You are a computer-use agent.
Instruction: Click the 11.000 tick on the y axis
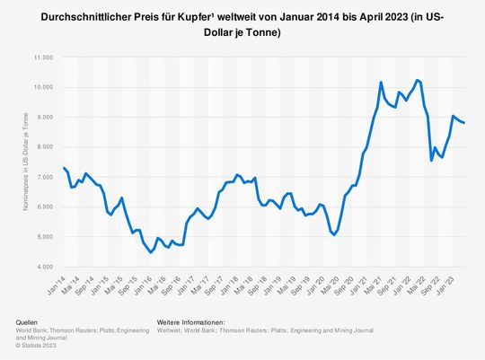click(x=42, y=57)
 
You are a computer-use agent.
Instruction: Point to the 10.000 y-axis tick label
click(x=42, y=88)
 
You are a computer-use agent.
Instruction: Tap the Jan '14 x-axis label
click(x=56, y=280)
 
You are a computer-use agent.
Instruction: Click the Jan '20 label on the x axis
click(x=315, y=280)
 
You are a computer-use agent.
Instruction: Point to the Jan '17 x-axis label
click(x=185, y=280)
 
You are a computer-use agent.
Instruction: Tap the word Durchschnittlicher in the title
click(x=87, y=19)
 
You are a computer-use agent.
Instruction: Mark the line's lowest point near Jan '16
click(x=150, y=252)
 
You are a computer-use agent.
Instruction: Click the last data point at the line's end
click(x=464, y=123)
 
